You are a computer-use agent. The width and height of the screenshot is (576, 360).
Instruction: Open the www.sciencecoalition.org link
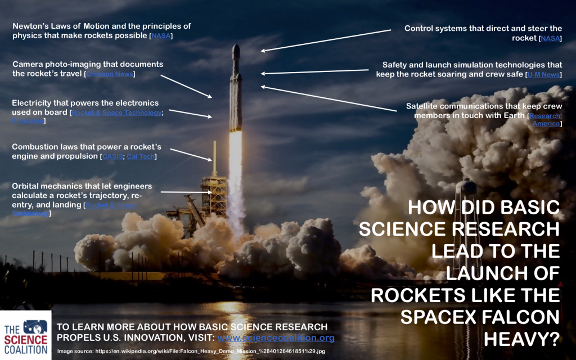click(x=276, y=338)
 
